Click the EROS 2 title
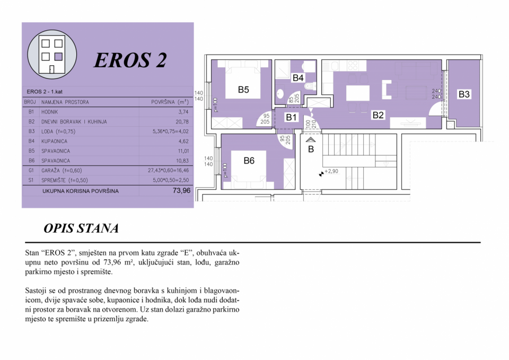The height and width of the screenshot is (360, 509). (x=130, y=60)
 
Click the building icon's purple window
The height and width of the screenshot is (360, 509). (x=58, y=57)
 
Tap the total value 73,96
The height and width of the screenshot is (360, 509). (x=181, y=190)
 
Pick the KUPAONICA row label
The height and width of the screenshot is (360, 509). (x=54, y=141)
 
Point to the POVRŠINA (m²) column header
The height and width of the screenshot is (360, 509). (x=170, y=102)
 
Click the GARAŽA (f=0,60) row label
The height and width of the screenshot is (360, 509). (x=62, y=170)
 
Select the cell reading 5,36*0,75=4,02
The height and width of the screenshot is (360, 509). (x=170, y=131)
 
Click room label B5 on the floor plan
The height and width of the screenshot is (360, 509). (x=243, y=90)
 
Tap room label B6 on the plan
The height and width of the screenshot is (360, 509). (x=249, y=160)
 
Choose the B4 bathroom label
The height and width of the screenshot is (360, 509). (x=298, y=77)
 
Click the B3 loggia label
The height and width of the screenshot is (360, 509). (x=464, y=94)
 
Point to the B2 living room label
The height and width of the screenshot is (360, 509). (x=378, y=115)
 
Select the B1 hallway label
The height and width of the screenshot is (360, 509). (x=291, y=117)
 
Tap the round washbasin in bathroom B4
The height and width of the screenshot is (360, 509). (x=280, y=94)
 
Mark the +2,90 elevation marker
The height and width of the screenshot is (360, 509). (x=329, y=172)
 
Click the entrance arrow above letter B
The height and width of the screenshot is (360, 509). (x=311, y=140)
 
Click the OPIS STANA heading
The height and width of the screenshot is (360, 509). (x=81, y=228)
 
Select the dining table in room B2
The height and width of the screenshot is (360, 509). (x=358, y=93)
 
